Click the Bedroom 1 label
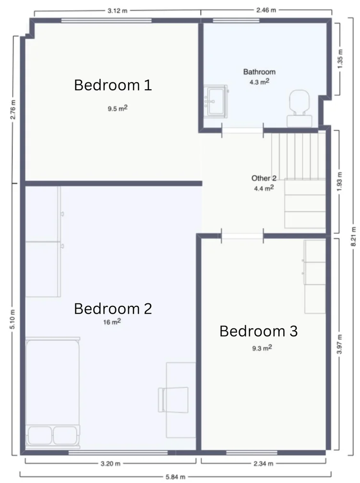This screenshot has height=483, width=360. click(x=113, y=85)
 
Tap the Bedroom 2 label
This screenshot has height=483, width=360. click(x=113, y=308)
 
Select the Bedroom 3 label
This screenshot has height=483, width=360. click(x=258, y=331)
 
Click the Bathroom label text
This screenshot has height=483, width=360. click(x=259, y=72)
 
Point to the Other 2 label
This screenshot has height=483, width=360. click(x=264, y=178)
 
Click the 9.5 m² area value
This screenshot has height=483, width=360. click(x=117, y=109)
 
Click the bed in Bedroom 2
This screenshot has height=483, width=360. click(x=53, y=391)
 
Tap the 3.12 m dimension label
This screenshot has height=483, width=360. click(x=116, y=9)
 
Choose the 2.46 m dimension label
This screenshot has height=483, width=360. click(x=265, y=9)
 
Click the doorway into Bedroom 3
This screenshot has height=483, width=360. click(x=242, y=236)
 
